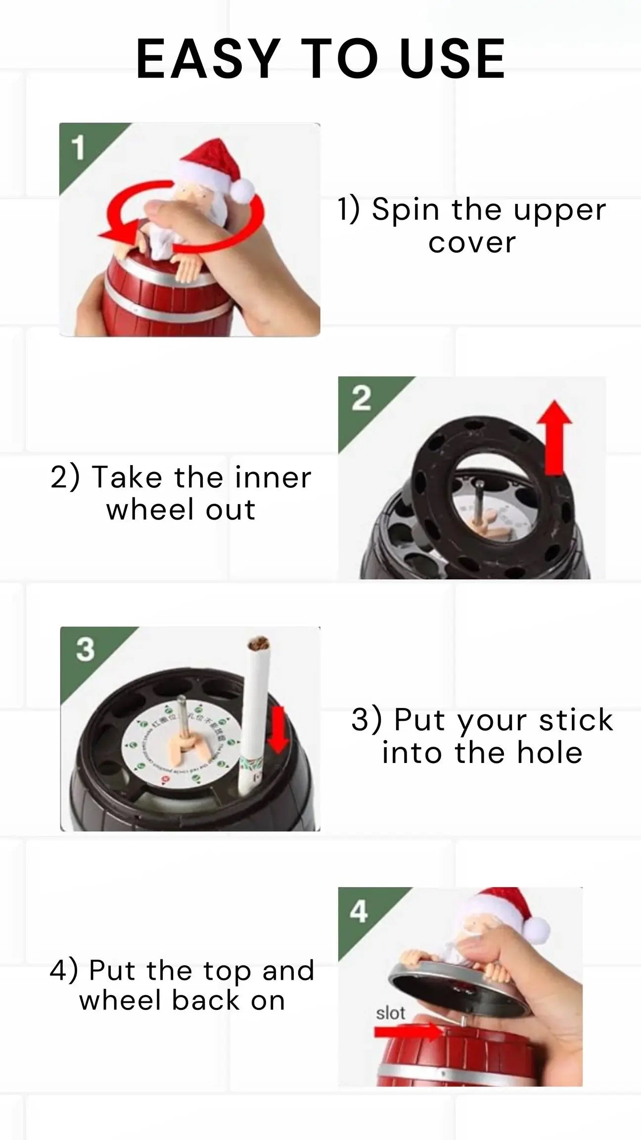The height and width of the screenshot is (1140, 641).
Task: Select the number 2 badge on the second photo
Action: click(x=361, y=399)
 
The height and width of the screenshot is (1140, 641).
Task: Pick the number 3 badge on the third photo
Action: click(x=85, y=649)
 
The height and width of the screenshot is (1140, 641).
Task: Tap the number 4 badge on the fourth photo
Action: click(x=359, y=911)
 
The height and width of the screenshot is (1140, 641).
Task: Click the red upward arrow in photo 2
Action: click(x=556, y=435)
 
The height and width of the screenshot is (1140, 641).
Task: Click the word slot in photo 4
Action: click(x=390, y=1013)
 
